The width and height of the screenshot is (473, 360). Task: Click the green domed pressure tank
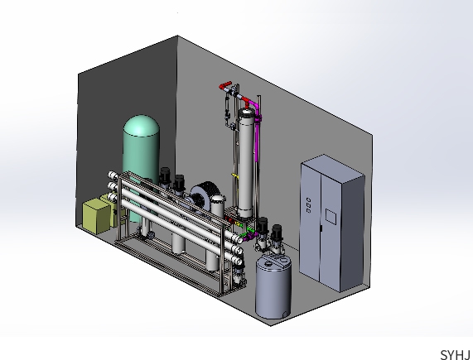tap(141, 156)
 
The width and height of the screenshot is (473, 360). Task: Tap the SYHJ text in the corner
tap(456, 354)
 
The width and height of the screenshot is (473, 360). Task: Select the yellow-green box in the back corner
tap(97, 216)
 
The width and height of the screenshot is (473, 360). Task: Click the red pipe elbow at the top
tap(224, 86)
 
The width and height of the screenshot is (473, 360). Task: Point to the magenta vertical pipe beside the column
tap(257, 132)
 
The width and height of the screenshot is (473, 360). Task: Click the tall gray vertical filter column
tap(246, 163)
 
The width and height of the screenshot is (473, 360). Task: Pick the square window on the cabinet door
tap(331, 217)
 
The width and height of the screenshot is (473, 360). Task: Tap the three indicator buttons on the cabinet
tap(308, 205)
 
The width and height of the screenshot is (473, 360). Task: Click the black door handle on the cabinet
tap(321, 228)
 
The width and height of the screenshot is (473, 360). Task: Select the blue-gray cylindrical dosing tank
tap(273, 286)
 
